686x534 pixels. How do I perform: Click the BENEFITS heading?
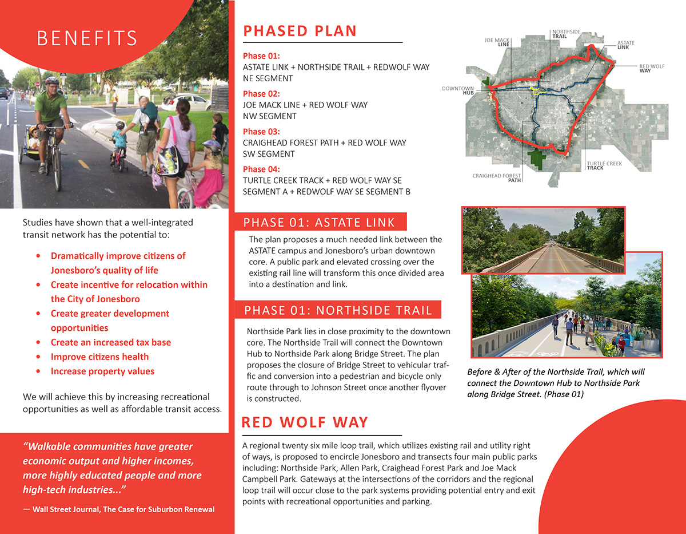tap(87, 38)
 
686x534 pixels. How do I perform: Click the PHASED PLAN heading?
tap(300, 31)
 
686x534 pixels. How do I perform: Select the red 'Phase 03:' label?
tap(261, 132)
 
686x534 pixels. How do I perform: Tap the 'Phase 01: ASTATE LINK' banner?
tap(320, 223)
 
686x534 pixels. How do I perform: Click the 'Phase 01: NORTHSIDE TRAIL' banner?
tap(338, 311)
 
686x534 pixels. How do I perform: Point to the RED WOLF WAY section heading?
tap(305, 422)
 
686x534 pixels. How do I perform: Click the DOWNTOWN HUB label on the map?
tap(458, 90)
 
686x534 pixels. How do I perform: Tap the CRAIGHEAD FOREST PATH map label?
tap(497, 177)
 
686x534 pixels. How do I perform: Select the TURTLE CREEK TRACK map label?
tap(604, 166)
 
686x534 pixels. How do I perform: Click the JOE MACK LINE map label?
tap(497, 42)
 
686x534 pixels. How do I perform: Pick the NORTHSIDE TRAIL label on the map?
tap(566, 34)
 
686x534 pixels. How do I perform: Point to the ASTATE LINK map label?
tap(626, 45)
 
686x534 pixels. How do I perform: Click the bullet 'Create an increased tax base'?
tap(110, 342)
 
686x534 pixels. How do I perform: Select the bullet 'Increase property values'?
tap(102, 371)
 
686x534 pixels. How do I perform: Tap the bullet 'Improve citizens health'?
tap(99, 357)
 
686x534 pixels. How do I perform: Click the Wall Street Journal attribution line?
tap(119, 509)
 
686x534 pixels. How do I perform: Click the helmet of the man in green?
tap(51, 81)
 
